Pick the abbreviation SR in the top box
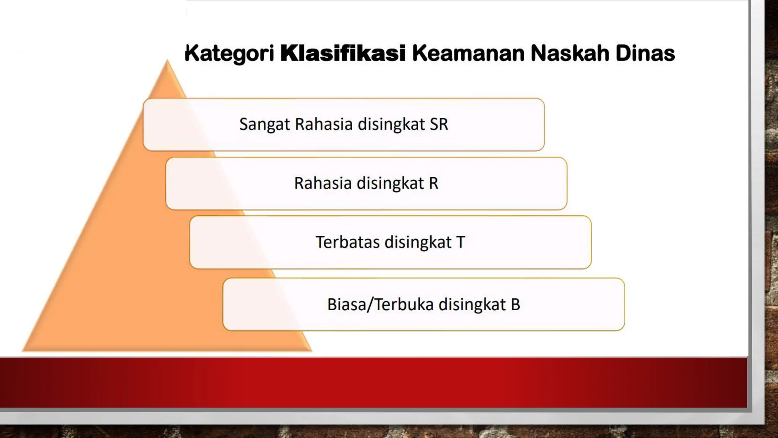[439, 124]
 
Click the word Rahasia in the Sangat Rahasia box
[324, 124]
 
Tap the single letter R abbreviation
[433, 183]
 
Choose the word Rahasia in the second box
[323, 183]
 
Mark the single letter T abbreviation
[460, 242]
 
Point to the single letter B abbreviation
[515, 305]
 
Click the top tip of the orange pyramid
[167, 61]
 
